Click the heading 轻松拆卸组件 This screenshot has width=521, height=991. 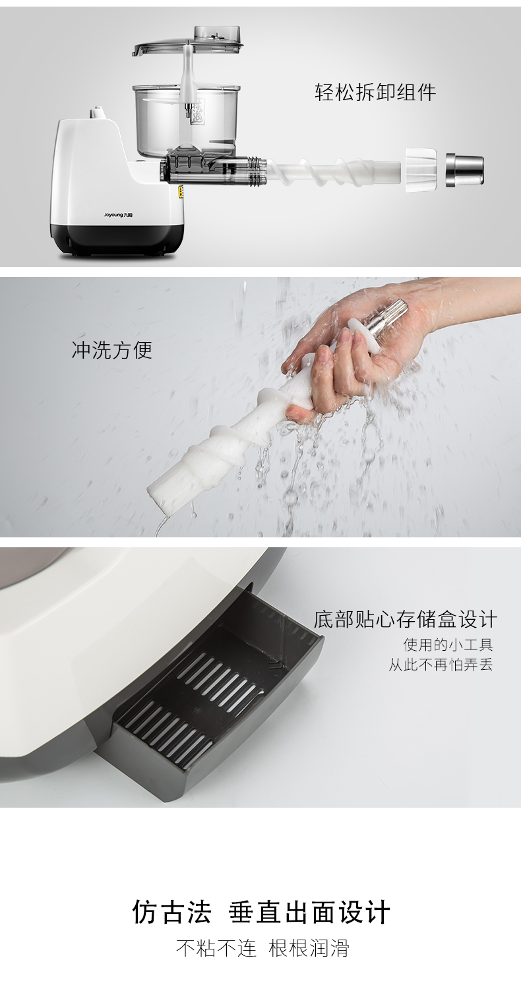375,93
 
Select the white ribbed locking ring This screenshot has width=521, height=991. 421,170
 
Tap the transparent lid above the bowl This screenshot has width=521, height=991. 188,42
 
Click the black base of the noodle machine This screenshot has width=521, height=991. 117,239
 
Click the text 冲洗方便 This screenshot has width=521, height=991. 112,350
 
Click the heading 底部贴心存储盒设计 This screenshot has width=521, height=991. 405,619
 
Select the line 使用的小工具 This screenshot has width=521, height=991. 448,645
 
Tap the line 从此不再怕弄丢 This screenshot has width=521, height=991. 441,665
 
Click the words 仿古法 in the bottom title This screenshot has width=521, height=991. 171,912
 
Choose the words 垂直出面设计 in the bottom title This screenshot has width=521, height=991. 309,912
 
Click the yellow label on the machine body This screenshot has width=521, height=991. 181,192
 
